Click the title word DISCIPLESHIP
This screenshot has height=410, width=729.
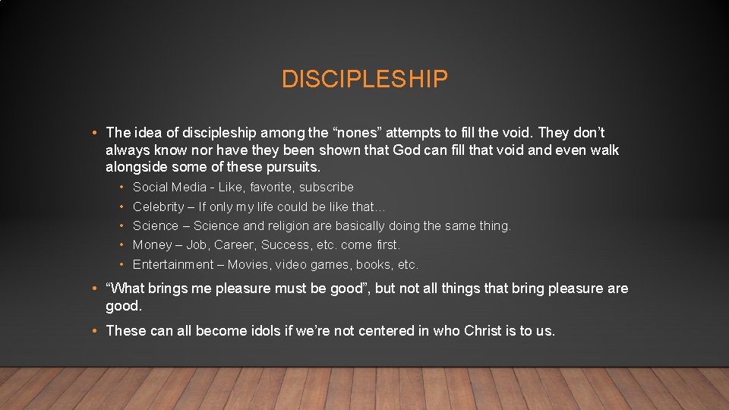[364, 79]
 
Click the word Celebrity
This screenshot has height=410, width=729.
[158, 207]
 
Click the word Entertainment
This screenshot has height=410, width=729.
[173, 264]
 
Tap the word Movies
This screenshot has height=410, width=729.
[246, 264]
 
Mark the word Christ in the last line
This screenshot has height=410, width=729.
[482, 330]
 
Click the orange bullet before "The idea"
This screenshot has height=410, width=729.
[93, 134]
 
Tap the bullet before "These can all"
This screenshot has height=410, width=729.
[93, 331]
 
